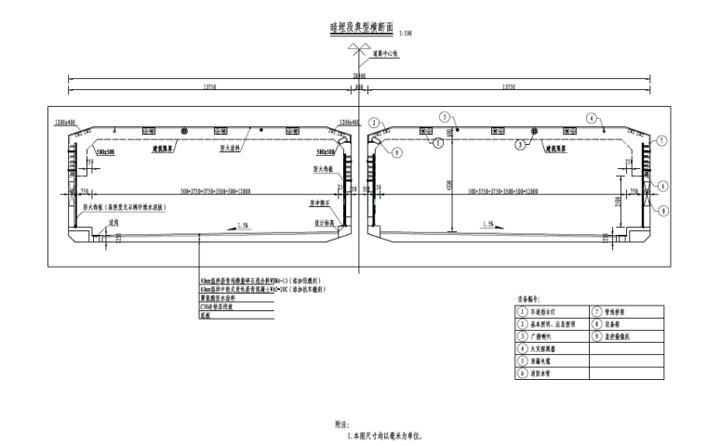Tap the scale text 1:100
405,33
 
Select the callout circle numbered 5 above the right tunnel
445,117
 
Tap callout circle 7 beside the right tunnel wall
660,140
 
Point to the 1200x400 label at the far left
64,122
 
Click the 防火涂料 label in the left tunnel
232,146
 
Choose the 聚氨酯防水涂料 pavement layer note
219,298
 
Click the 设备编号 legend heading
528,299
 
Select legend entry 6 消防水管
544,373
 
